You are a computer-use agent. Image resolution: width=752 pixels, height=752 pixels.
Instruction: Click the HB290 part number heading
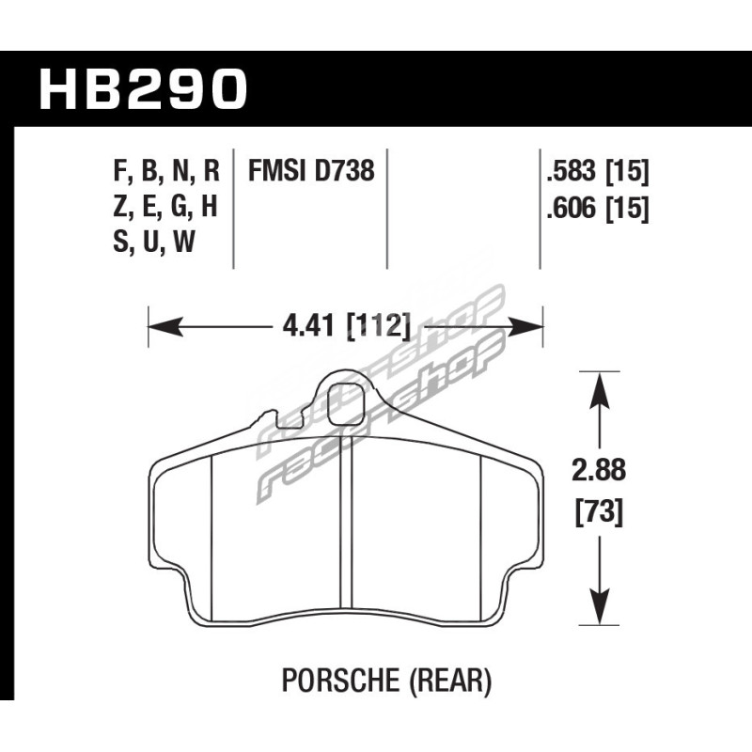click(144, 89)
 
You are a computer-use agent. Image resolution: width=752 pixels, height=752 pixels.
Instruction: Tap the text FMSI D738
click(311, 171)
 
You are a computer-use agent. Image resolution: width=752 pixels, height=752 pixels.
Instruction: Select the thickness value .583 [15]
click(598, 172)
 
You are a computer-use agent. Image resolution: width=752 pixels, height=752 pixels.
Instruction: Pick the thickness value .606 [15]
click(598, 209)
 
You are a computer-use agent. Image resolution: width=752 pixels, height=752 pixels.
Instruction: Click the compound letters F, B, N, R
click(166, 172)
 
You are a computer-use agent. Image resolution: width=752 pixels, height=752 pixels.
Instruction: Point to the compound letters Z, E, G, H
click(165, 207)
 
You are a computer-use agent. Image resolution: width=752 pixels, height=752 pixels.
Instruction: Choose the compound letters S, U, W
click(154, 242)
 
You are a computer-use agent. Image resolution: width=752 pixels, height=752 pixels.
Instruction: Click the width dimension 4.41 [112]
click(347, 327)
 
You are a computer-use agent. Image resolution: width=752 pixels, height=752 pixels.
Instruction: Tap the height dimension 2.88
click(599, 470)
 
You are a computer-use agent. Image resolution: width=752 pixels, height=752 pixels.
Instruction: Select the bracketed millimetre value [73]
click(599, 512)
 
